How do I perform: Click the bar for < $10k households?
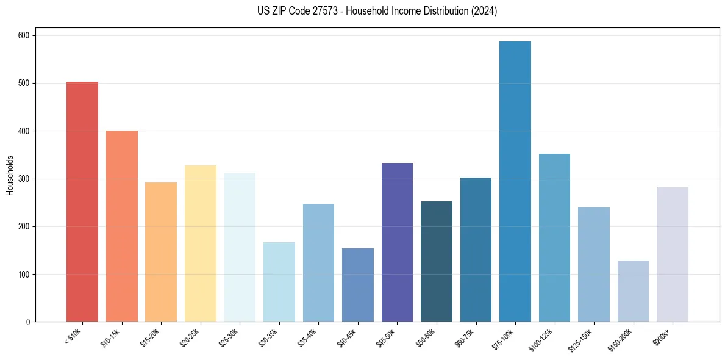[x=82, y=201]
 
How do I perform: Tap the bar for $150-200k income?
[x=633, y=291]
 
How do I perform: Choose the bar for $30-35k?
[x=279, y=282]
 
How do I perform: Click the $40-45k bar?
[x=358, y=285]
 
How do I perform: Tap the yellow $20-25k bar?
[x=201, y=243]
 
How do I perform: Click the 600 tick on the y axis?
[x=26, y=35]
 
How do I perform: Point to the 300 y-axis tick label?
[x=26, y=179]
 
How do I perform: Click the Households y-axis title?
[x=10, y=175]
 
